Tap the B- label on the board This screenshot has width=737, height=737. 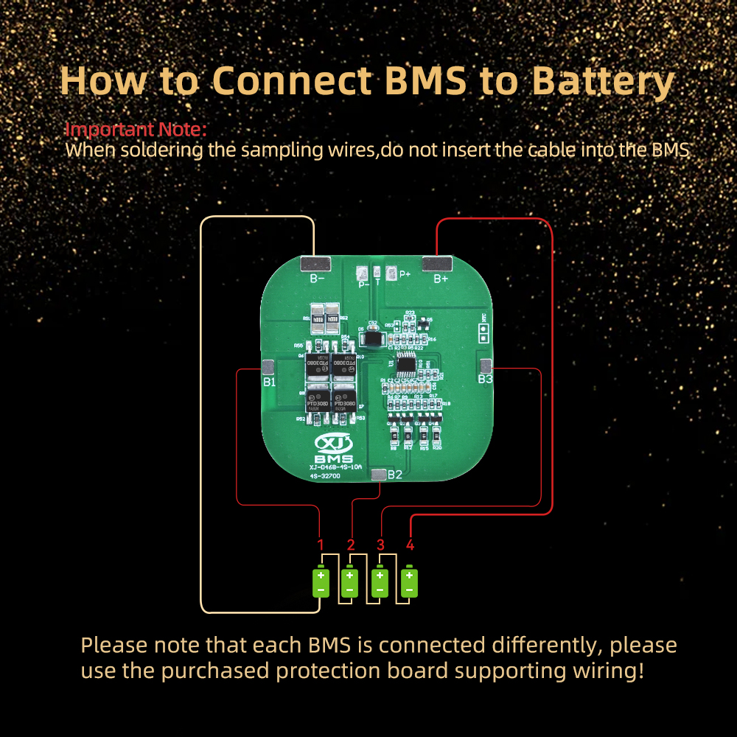[318, 279]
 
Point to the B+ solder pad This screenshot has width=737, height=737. [436, 263]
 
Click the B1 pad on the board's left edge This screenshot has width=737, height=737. [268, 366]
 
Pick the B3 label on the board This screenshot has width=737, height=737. [485, 379]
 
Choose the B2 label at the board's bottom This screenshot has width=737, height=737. [395, 475]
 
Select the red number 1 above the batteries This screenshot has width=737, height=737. [321, 545]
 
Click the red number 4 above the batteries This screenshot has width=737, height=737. [410, 545]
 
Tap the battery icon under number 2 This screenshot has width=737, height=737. [350, 581]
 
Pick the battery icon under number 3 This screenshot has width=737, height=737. [380, 581]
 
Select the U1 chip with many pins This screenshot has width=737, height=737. [406, 364]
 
